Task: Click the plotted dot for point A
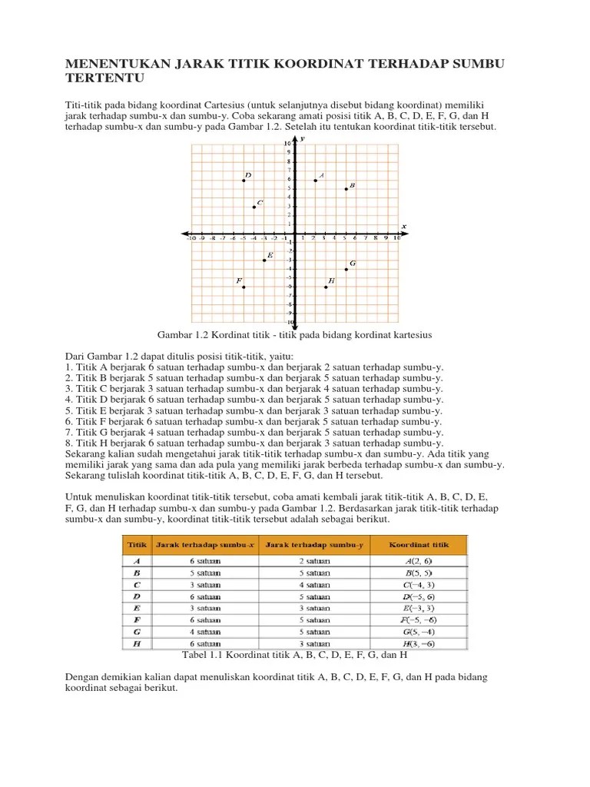coord(315,181)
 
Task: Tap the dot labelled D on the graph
coord(244,181)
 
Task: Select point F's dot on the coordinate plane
coord(244,287)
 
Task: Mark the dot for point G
coord(346,269)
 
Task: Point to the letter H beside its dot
coord(331,281)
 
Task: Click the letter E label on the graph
coord(270,254)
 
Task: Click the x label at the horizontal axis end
coord(404,226)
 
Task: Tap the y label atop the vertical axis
coord(303,138)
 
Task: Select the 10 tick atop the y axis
coord(287,144)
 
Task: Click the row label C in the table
coord(136,584)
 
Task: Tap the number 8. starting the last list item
coord(71,443)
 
